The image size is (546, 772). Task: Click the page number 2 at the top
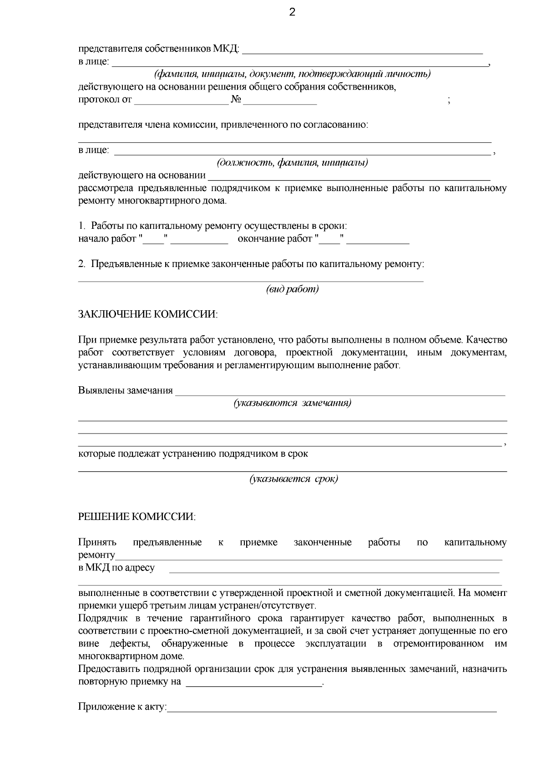click(x=292, y=12)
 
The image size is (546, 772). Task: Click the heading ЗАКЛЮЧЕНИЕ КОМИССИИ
click(x=148, y=314)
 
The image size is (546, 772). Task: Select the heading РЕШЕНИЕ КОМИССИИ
click(x=137, y=517)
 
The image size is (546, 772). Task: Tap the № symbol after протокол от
click(x=236, y=100)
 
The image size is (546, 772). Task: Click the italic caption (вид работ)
click(x=292, y=289)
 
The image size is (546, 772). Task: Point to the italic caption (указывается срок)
click(x=293, y=479)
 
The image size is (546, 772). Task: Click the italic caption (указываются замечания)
click(x=292, y=403)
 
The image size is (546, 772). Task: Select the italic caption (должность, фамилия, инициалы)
click(x=292, y=162)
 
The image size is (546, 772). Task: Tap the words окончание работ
click(x=275, y=239)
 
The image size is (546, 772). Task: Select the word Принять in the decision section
click(x=97, y=542)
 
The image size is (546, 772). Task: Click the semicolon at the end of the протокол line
click(x=449, y=101)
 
